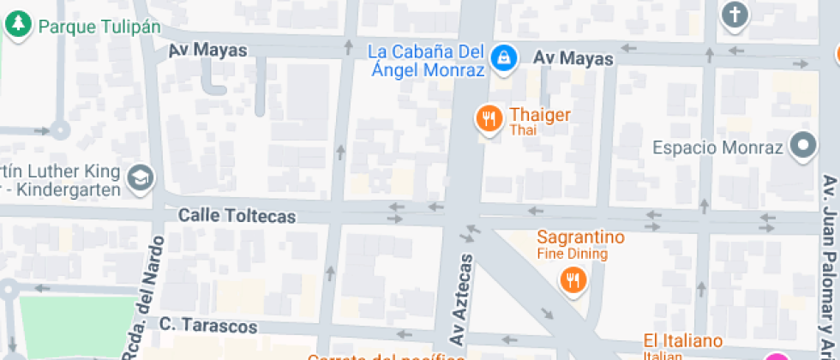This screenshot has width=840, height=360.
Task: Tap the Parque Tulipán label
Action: [x=99, y=27]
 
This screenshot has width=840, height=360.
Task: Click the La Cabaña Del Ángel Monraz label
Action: [x=425, y=61]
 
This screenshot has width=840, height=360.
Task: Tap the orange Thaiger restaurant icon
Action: [x=489, y=119]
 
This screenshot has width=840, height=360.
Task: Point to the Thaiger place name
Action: [x=540, y=115]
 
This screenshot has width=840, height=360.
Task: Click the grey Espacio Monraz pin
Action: [x=803, y=147]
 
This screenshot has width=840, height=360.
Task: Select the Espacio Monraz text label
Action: [x=718, y=147]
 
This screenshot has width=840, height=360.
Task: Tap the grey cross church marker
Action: [x=735, y=15]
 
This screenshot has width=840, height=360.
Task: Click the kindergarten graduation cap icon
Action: [x=139, y=178]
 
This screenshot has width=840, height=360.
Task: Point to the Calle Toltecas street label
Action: [x=237, y=216]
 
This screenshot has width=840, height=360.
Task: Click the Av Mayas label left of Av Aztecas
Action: [x=207, y=51]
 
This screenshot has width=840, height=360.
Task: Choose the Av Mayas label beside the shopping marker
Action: [x=573, y=58]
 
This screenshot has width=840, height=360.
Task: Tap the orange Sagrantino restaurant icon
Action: [x=572, y=279]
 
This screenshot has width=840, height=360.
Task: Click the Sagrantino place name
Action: [x=581, y=237]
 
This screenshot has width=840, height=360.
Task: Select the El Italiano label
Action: [x=683, y=341]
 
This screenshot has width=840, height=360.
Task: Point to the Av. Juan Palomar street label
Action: [x=829, y=266]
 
